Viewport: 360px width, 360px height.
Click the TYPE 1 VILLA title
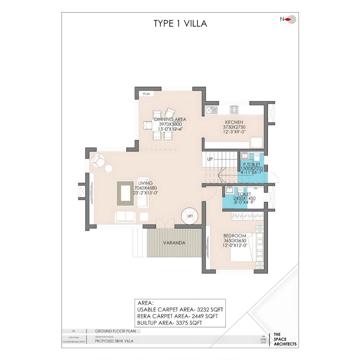(x=180, y=24)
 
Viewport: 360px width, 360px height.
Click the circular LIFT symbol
(x=190, y=216)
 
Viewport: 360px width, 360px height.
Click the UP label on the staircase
(x=210, y=159)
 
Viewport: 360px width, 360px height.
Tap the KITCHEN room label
(x=234, y=122)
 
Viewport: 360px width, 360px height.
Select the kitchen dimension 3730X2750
(x=234, y=127)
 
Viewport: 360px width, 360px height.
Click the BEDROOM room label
(x=235, y=236)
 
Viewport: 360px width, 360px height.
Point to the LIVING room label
(x=145, y=183)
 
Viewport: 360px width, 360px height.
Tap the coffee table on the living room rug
(x=126, y=193)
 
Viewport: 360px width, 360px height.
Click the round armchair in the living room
(x=99, y=159)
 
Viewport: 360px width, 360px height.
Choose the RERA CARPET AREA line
(x=177, y=316)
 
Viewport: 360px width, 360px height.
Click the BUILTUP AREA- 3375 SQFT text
(x=174, y=323)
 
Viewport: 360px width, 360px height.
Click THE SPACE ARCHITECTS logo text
(x=285, y=339)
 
